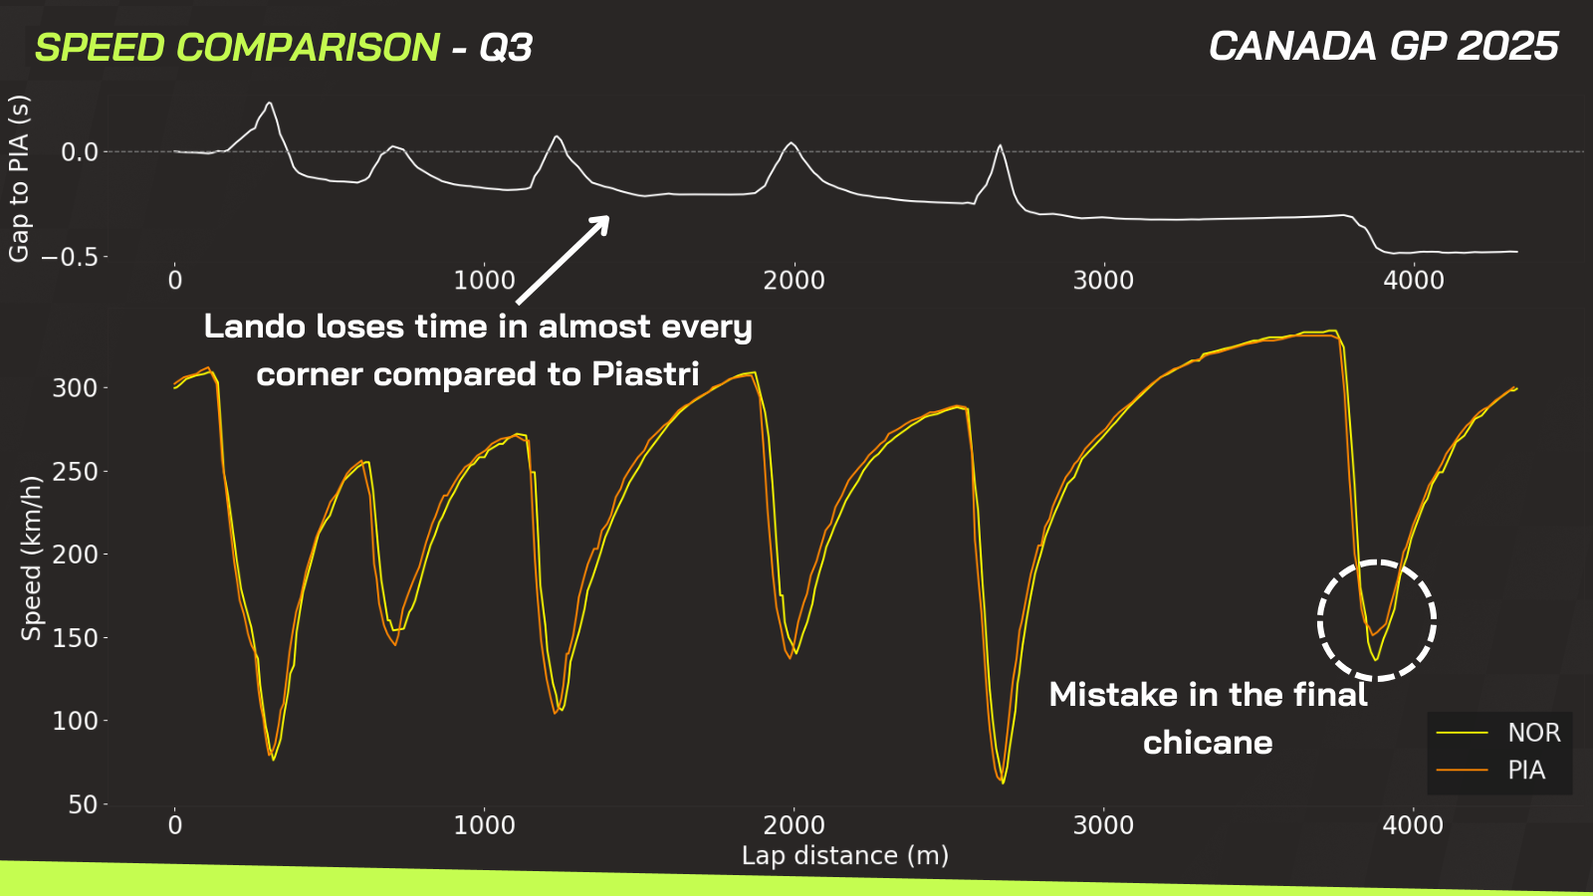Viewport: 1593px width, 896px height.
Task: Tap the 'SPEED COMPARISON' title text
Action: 238,48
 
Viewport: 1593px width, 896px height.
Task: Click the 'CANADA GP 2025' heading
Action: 1384,46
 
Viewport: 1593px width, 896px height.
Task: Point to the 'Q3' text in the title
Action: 506,48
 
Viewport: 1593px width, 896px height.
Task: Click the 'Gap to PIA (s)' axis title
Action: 19,178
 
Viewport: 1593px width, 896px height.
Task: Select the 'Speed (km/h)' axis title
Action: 31,559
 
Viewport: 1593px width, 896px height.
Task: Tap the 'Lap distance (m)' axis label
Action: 845,855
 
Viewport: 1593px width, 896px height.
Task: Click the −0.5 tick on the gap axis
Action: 70,257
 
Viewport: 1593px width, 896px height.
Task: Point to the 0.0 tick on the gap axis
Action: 80,152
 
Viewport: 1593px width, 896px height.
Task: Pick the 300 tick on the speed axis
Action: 75,388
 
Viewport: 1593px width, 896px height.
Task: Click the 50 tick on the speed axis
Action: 83,805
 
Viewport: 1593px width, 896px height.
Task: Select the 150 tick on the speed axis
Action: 75,638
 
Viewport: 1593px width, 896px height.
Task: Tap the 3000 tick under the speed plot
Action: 1103,825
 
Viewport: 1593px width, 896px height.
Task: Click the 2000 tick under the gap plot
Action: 794,280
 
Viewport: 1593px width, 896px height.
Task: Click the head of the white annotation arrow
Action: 607,218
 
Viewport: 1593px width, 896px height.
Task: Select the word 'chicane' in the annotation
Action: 1208,743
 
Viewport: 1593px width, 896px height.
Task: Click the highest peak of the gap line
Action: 269,103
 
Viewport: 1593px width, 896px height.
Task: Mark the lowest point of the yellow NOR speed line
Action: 1004,783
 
